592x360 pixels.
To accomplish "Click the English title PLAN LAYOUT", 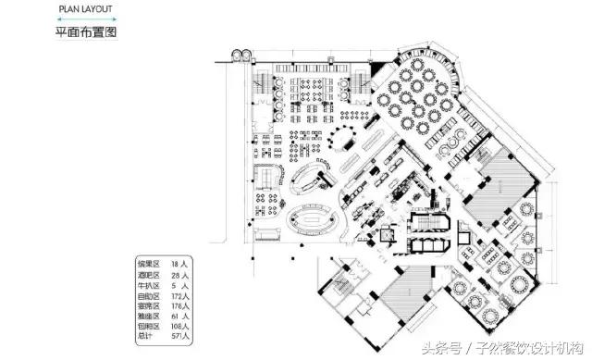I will (88, 10).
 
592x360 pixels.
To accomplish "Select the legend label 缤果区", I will (149, 264).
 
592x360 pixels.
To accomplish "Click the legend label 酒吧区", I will (149, 275).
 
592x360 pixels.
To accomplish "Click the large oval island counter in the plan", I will (311, 221).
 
